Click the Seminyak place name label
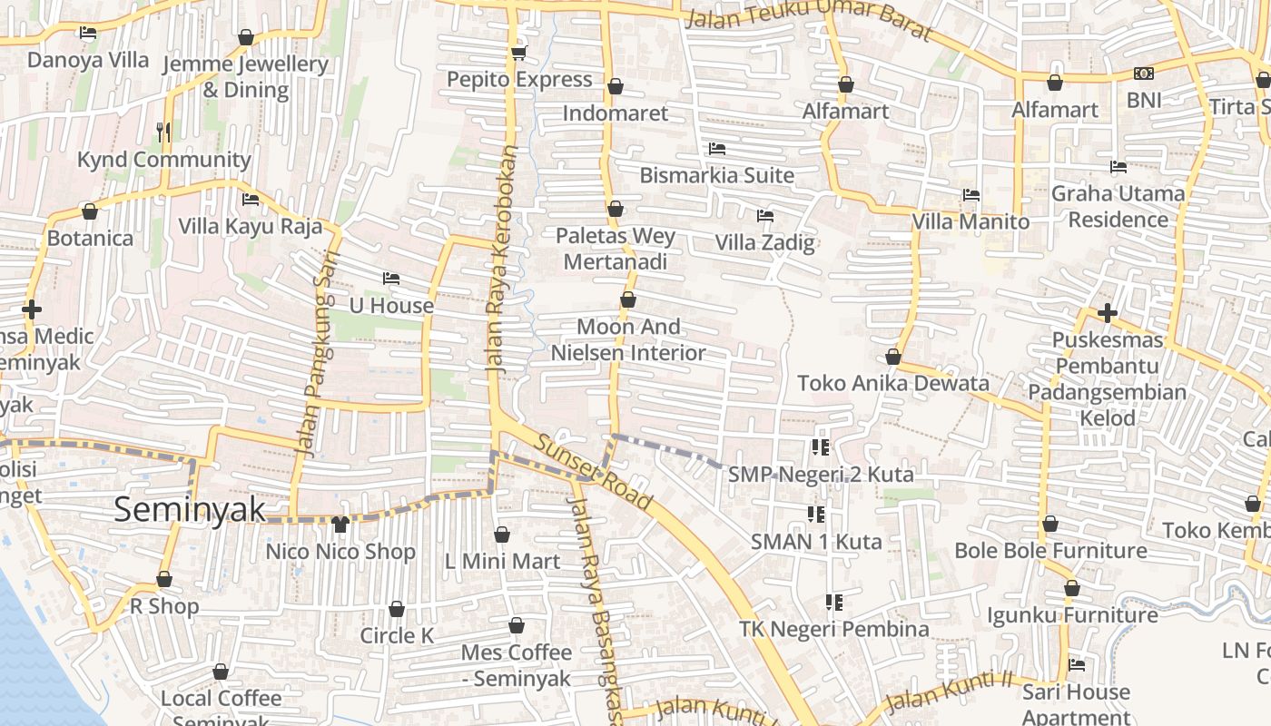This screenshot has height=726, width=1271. [190, 510]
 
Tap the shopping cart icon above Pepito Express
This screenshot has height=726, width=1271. [518, 53]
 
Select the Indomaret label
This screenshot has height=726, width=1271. [615, 113]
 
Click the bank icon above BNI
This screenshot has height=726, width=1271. [1143, 74]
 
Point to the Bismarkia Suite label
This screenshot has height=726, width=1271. [716, 175]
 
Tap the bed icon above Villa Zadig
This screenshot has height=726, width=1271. [765, 216]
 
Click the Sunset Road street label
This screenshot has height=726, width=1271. [594, 473]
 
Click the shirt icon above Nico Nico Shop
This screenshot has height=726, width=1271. [340, 525]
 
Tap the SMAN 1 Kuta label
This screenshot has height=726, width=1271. [815, 542]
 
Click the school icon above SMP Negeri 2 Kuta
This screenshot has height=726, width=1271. [821, 446]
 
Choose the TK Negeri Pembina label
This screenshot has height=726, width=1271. [833, 629]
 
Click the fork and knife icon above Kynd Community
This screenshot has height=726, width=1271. [163, 132]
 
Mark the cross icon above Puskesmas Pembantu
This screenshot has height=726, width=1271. [1107, 314]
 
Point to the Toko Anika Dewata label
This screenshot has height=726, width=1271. [892, 383]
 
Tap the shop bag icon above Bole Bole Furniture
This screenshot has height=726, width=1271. [1050, 525]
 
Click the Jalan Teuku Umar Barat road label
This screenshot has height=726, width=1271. [807, 20]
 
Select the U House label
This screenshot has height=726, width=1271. [391, 306]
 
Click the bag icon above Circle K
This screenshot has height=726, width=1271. [397, 609]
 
